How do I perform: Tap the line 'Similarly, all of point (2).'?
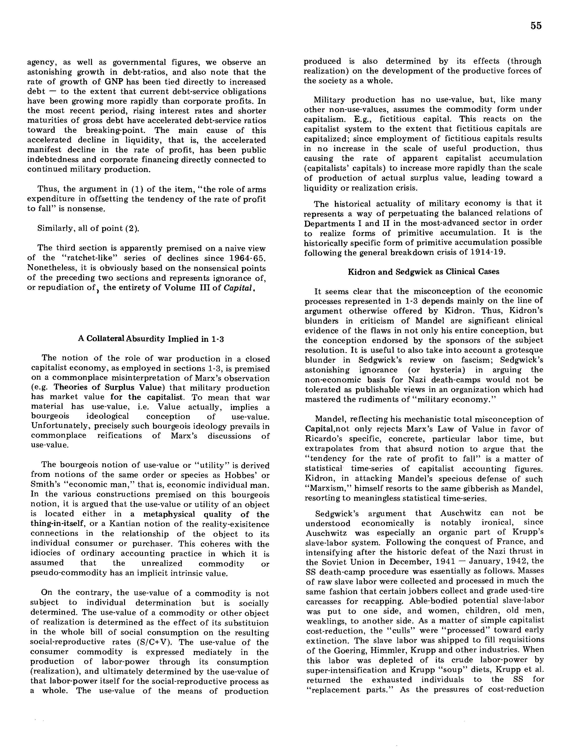pos(88,228)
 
